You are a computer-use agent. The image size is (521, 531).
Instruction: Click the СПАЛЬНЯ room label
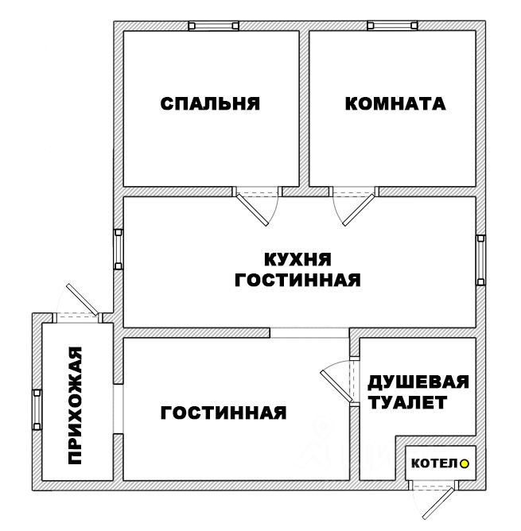211,103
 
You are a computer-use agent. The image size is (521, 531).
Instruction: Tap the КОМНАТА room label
395,103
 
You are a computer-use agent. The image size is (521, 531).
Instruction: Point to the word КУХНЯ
297,260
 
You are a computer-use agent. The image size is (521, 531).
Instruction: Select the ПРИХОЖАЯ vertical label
76,405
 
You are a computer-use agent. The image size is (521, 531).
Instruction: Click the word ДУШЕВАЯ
418,382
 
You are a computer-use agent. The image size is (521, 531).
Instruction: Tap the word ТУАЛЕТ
408,403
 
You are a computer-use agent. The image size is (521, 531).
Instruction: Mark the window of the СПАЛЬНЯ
212,25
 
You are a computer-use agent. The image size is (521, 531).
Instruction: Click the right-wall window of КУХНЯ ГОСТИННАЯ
480,261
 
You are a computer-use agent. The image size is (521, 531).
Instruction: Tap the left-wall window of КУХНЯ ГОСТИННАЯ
119,249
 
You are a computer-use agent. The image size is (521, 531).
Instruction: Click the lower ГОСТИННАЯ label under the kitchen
223,413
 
